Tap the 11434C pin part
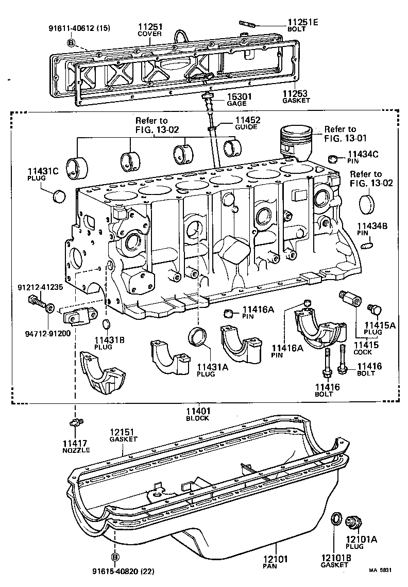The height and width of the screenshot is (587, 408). click(333, 158)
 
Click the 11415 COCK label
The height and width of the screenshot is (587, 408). click(366, 348)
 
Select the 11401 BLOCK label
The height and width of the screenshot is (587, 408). click(198, 414)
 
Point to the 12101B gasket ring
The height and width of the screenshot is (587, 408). click(335, 519)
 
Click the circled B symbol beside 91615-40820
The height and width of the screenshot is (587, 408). click(115, 557)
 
